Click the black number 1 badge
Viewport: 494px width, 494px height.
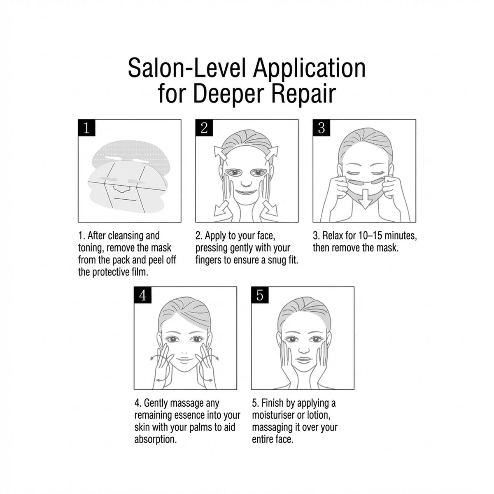point(86,128)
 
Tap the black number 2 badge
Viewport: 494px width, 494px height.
point(204,128)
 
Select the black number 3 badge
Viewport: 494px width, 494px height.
point(322,128)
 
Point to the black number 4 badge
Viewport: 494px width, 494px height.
point(142,295)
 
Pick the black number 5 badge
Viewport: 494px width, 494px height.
point(260,295)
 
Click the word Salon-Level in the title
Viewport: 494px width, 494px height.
point(187,68)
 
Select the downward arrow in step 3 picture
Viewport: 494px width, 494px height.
point(364,199)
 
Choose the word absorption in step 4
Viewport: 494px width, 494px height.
point(155,439)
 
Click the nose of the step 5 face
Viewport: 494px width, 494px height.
point(304,350)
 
